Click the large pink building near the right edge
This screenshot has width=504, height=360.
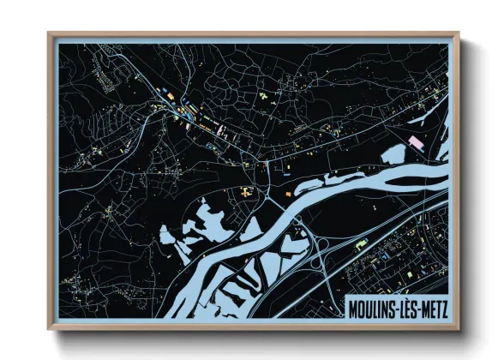[417, 141]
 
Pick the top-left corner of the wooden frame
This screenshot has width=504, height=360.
[49, 34]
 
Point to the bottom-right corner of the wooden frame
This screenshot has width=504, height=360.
[459, 329]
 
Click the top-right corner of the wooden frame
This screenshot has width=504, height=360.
[459, 34]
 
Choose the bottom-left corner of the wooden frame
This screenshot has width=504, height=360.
[49, 329]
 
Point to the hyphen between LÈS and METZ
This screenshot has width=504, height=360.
[417, 307]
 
